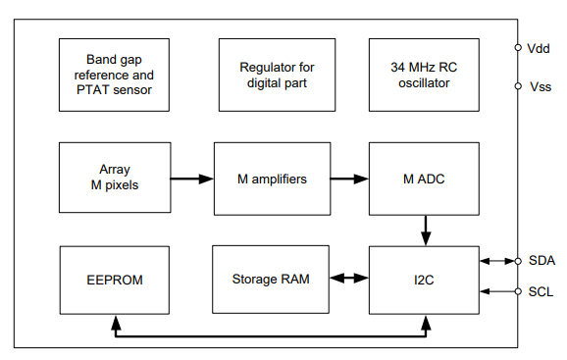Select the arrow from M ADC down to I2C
click(x=426, y=231)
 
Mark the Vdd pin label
click(x=540, y=47)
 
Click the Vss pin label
click(x=540, y=86)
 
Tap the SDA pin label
click(x=541, y=260)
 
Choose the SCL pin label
click(x=541, y=291)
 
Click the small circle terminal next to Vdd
click(x=518, y=47)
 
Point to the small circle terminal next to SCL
click(x=518, y=291)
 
